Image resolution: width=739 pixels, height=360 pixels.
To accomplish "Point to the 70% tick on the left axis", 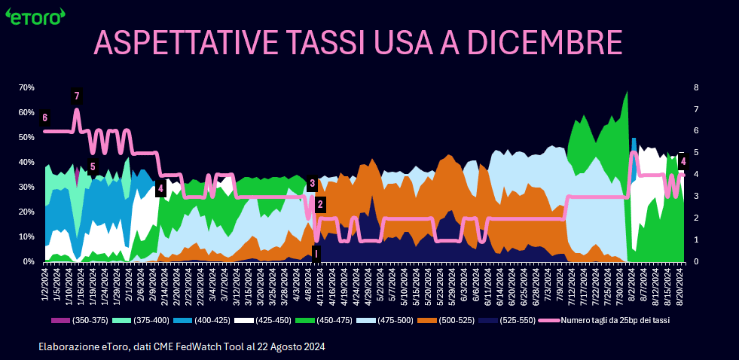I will [26, 87].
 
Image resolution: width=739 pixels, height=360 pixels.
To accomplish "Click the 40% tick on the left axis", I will [26, 162].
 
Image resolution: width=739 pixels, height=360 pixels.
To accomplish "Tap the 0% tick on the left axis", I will [28, 261].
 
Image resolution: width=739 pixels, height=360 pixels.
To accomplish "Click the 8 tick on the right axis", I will [696, 87].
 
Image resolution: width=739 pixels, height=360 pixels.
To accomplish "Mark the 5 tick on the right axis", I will [696, 153].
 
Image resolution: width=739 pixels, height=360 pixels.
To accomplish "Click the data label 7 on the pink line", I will [76, 96].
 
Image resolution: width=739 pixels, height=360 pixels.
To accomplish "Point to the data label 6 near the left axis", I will [45, 117].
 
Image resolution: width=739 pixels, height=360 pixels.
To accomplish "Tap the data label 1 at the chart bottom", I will [316, 253].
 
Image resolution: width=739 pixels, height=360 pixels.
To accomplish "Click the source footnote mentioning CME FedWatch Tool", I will [182, 346].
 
